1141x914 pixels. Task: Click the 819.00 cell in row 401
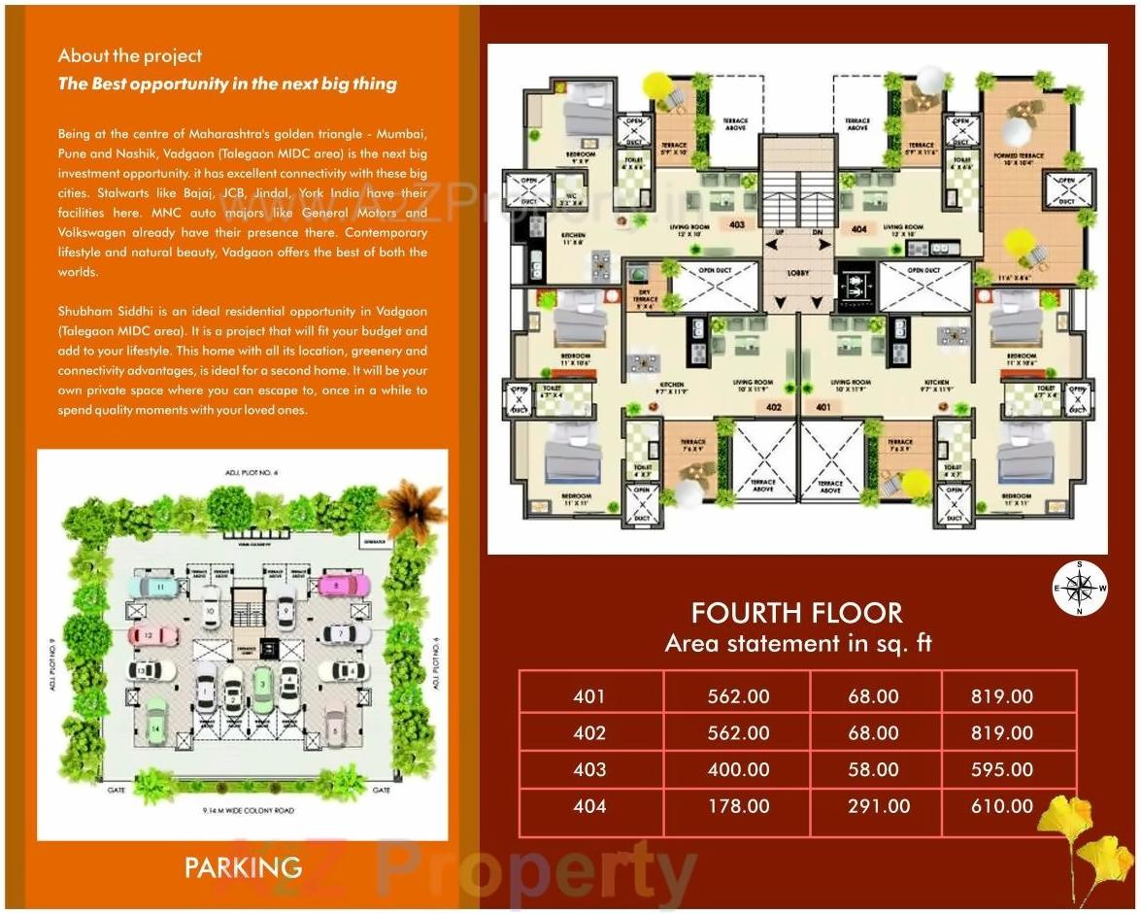(1001, 696)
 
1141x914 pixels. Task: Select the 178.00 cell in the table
(739, 806)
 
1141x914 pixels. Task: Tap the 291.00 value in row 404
(878, 806)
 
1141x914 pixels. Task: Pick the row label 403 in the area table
(589, 769)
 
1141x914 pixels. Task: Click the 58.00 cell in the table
(873, 769)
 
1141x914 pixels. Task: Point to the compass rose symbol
(1079, 588)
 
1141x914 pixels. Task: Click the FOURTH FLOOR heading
(796, 613)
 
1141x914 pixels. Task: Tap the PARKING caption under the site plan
(243, 867)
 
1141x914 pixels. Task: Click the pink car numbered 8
(344, 586)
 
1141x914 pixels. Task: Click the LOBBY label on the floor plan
(798, 273)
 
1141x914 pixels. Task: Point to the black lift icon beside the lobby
(855, 288)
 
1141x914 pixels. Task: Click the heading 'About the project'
(130, 56)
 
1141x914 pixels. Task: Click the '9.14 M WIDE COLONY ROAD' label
(243, 810)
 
